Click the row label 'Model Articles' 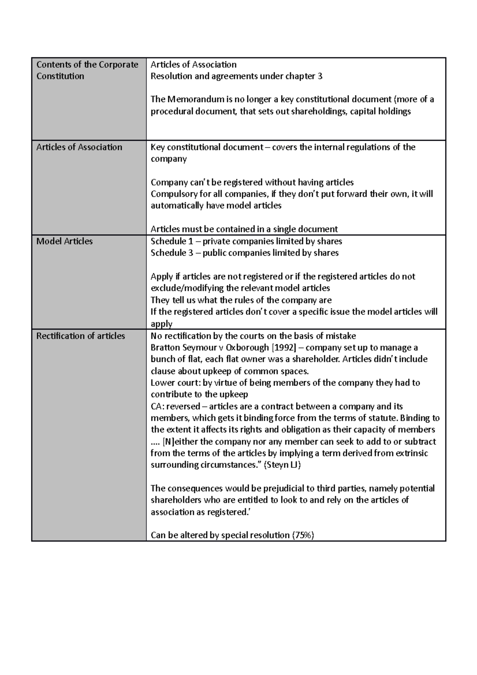click(x=64, y=241)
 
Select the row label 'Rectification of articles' click(x=81, y=336)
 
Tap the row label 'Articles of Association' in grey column click(x=79, y=147)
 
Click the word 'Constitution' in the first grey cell click(x=60, y=76)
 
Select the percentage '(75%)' click(x=303, y=535)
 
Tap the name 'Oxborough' click(x=247, y=347)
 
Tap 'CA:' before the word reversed click(x=157, y=406)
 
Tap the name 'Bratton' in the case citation click(x=165, y=347)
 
